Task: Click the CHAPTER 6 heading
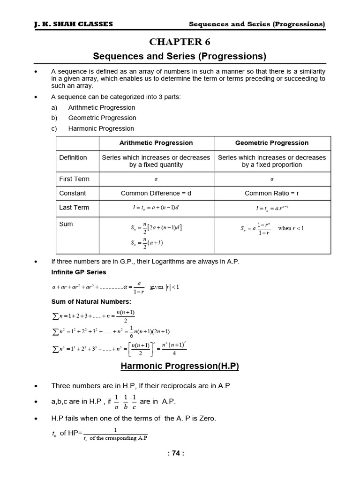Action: click(180, 42)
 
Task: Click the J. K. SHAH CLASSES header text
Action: click(74, 24)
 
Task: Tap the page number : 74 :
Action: click(180, 453)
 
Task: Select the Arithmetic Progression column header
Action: click(156, 143)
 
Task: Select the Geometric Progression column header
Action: click(272, 143)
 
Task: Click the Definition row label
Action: click(73, 157)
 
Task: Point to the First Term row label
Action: click(74, 179)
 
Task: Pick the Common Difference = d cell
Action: click(156, 193)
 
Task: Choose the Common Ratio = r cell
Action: click(272, 193)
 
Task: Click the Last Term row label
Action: click(74, 207)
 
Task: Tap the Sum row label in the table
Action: click(66, 224)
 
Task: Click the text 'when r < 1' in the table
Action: click(291, 228)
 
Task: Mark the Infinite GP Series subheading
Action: click(79, 272)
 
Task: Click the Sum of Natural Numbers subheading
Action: click(91, 301)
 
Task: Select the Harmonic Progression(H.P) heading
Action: click(180, 366)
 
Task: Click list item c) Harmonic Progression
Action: click(101, 128)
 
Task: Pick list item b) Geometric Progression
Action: click(102, 118)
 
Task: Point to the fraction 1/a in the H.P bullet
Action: click(110, 402)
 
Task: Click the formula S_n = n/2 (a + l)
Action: click(147, 243)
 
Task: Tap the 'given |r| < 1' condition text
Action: click(165, 287)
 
